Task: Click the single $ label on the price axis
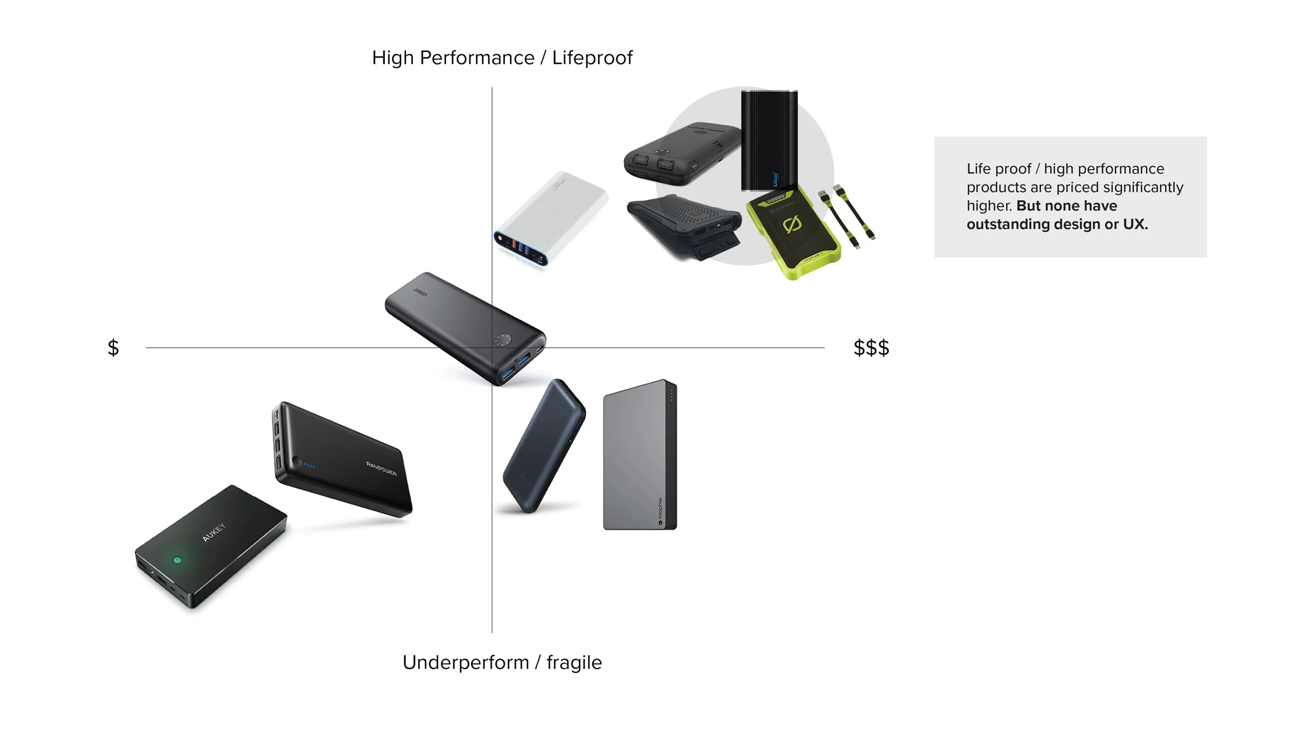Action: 113,347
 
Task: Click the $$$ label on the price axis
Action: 871,347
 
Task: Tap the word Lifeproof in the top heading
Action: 592,58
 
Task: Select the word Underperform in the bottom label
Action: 465,662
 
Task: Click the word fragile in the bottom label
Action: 574,663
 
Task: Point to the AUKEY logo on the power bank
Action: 214,532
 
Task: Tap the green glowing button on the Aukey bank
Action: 177,560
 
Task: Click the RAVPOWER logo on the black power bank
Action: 381,468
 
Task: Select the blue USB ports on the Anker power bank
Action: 516,366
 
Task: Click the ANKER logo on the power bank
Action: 420,292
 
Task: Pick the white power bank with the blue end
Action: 550,218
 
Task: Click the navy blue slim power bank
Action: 544,446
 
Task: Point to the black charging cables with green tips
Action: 847,215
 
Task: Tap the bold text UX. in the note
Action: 1135,224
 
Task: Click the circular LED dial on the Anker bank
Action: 502,339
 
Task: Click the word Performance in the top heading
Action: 477,58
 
